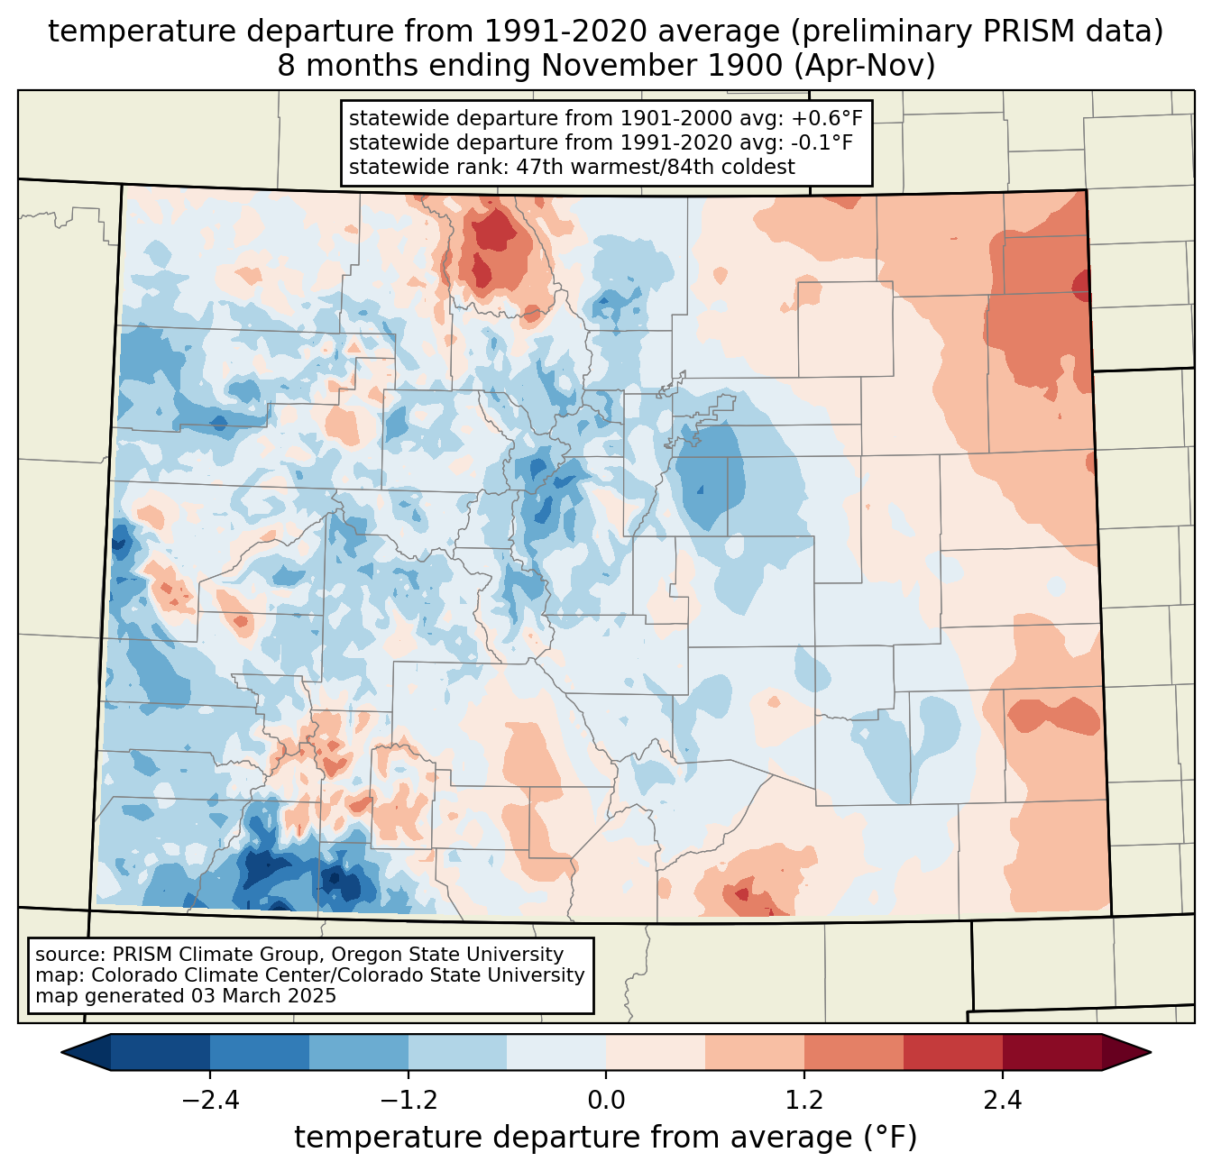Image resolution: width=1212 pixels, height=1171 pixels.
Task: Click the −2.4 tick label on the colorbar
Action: tap(210, 1101)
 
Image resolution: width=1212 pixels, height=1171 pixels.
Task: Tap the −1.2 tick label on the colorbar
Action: tap(409, 1101)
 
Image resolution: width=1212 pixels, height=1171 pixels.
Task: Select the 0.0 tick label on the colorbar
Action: tap(606, 1101)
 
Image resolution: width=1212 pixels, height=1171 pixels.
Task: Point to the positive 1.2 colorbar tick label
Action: tap(804, 1101)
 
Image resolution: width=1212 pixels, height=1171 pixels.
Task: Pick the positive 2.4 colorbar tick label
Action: tap(1002, 1101)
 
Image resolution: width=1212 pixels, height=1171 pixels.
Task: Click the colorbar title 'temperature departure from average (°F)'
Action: tap(606, 1138)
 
